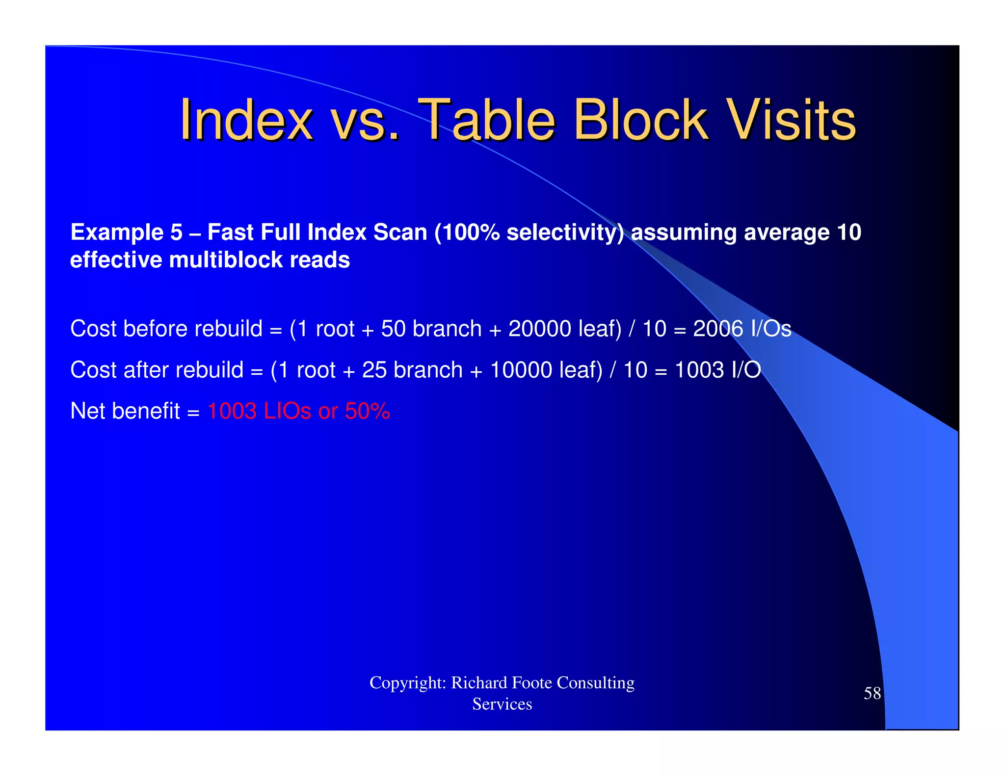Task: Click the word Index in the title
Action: (246, 120)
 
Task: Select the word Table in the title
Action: (488, 120)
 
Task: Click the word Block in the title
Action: (640, 120)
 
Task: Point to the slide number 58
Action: (872, 693)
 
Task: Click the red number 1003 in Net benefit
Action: (232, 411)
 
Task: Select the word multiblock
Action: (226, 260)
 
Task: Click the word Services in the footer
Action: (502, 704)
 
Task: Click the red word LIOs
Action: (287, 411)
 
